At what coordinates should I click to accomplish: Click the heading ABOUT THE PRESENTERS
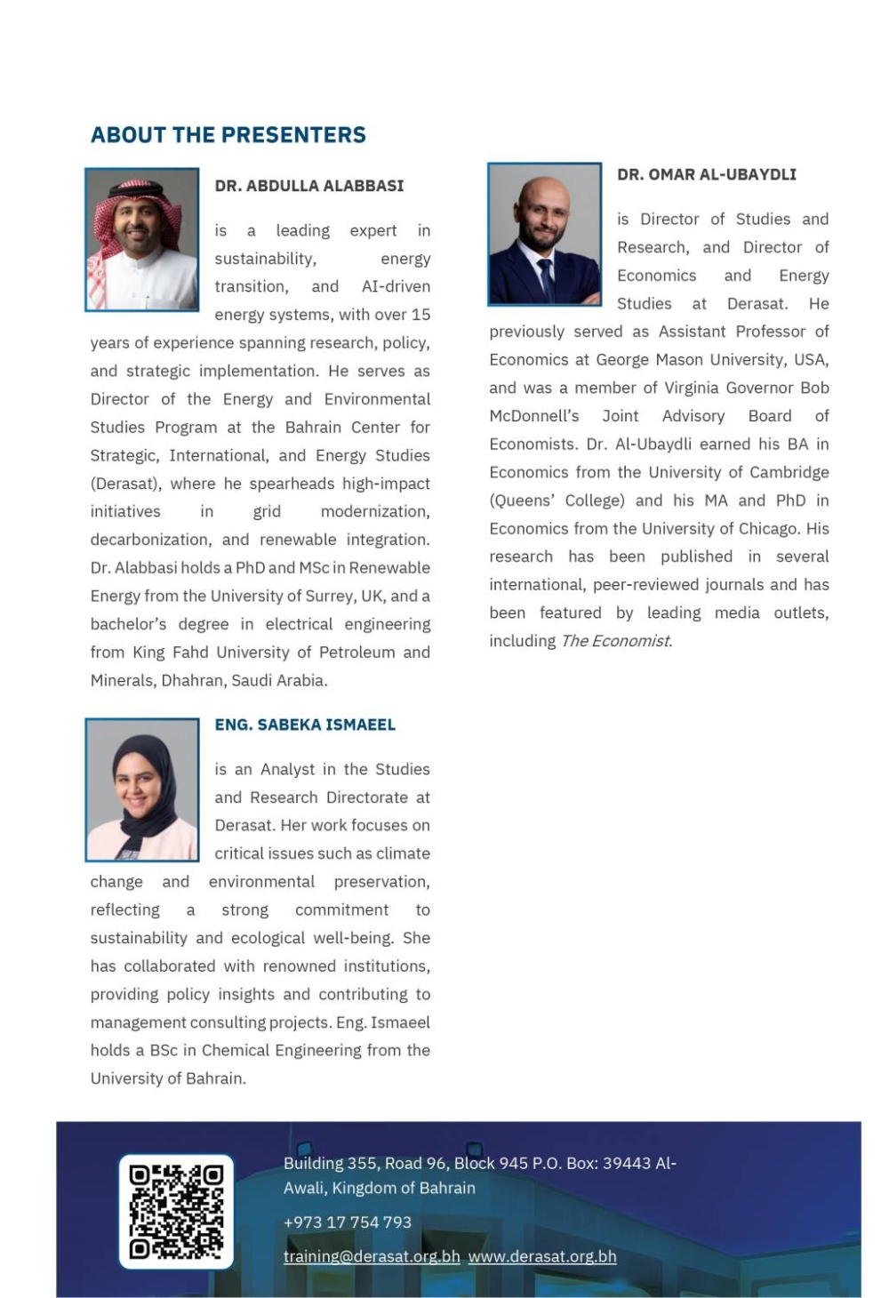point(228,135)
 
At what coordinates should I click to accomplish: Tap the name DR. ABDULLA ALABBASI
point(308,186)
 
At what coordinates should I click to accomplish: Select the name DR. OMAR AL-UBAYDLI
point(706,174)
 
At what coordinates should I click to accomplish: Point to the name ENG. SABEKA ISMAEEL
point(305,725)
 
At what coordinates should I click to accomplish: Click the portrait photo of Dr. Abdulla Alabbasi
point(142,240)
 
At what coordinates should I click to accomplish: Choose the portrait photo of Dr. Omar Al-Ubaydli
point(544,235)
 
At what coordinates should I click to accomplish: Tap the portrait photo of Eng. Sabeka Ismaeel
point(142,790)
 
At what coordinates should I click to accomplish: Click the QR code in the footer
point(176,1211)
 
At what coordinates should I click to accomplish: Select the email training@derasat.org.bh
point(372,1256)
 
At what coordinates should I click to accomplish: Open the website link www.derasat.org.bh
point(542,1256)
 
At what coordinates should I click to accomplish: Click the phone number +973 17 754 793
point(348,1222)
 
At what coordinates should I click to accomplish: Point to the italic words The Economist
point(616,641)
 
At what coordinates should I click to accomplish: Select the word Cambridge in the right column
point(785,472)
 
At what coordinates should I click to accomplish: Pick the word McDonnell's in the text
point(534,416)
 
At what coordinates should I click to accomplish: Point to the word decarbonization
point(151,540)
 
